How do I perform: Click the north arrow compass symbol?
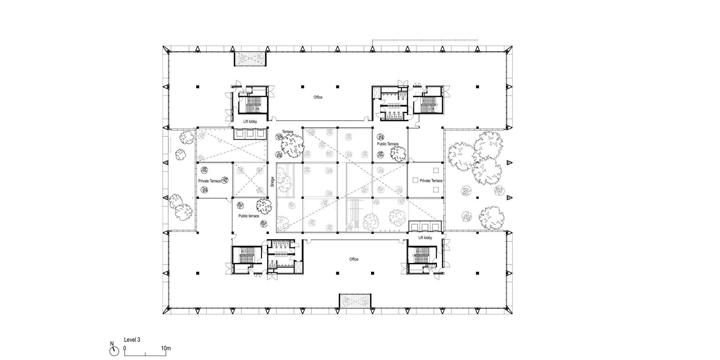(x=114, y=351)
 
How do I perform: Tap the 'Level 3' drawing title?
(x=132, y=339)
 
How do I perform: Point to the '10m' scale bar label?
(x=166, y=348)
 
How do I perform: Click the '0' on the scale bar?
(x=125, y=348)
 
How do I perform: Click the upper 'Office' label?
(x=318, y=97)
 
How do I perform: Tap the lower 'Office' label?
(x=354, y=259)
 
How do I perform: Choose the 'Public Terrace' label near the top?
(x=388, y=144)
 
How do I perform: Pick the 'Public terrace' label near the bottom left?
(x=249, y=216)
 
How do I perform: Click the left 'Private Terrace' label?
(x=210, y=181)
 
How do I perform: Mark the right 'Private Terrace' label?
(x=431, y=181)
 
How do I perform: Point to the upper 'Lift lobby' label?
(x=250, y=122)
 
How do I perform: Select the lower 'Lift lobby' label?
(x=425, y=238)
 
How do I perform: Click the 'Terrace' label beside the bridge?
(x=288, y=132)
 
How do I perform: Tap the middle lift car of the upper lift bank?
(x=250, y=134)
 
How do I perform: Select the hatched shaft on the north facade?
(x=250, y=59)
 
